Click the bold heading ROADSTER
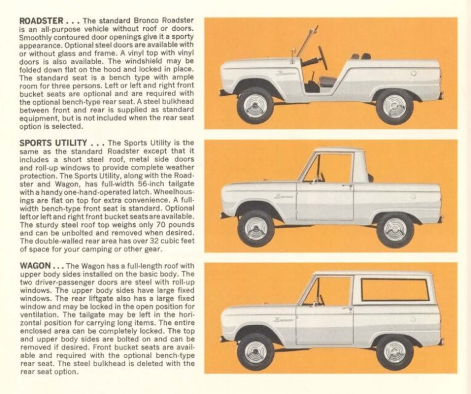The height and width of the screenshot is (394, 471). point(40,21)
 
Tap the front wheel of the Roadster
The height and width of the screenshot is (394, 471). point(256,105)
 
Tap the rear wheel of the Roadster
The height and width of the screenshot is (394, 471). point(395,105)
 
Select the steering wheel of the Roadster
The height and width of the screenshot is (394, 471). point(321,57)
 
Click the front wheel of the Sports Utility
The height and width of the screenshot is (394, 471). point(256,228)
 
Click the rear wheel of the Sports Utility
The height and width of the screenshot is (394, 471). point(395,228)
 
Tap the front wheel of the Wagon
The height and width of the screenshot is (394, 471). point(256,351)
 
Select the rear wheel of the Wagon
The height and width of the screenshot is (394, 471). point(395,351)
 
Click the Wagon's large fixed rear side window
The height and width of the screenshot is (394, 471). point(395,290)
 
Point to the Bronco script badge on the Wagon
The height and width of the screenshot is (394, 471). point(284,319)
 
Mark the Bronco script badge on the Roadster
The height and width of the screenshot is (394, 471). point(286,73)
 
